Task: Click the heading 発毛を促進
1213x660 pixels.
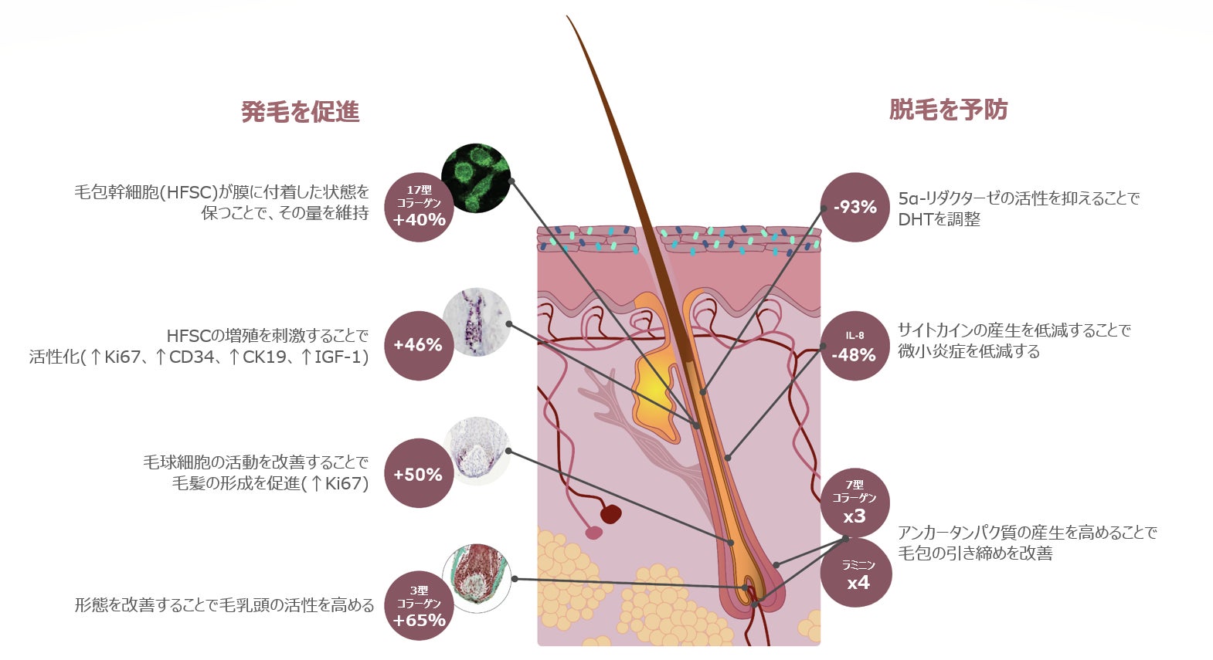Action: [x=300, y=112]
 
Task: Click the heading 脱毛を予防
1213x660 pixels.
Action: [x=948, y=110]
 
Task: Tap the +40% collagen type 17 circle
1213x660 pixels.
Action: [x=419, y=207]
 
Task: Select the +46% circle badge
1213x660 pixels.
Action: [x=418, y=345]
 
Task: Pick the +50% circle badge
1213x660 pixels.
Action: [x=418, y=474]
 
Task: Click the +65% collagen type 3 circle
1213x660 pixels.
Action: [x=419, y=606]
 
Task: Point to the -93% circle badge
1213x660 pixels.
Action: [x=855, y=207]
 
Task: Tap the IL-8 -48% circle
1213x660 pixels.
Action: [x=854, y=346]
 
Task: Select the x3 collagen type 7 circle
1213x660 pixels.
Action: [x=855, y=503]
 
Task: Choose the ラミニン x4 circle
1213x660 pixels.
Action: [x=857, y=574]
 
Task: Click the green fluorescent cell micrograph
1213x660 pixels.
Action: [x=476, y=178]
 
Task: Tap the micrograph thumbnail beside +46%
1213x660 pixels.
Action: [x=477, y=322]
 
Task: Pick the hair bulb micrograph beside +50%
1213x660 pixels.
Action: [x=477, y=451]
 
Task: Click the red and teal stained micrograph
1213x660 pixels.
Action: [x=477, y=578]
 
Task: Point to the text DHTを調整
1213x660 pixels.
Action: [x=939, y=219]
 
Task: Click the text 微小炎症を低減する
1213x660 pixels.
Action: [x=969, y=351]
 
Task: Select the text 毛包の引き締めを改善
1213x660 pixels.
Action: [x=975, y=553]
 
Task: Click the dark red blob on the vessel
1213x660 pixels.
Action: [x=610, y=514]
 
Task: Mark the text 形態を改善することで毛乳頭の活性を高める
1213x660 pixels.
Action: [x=224, y=604]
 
